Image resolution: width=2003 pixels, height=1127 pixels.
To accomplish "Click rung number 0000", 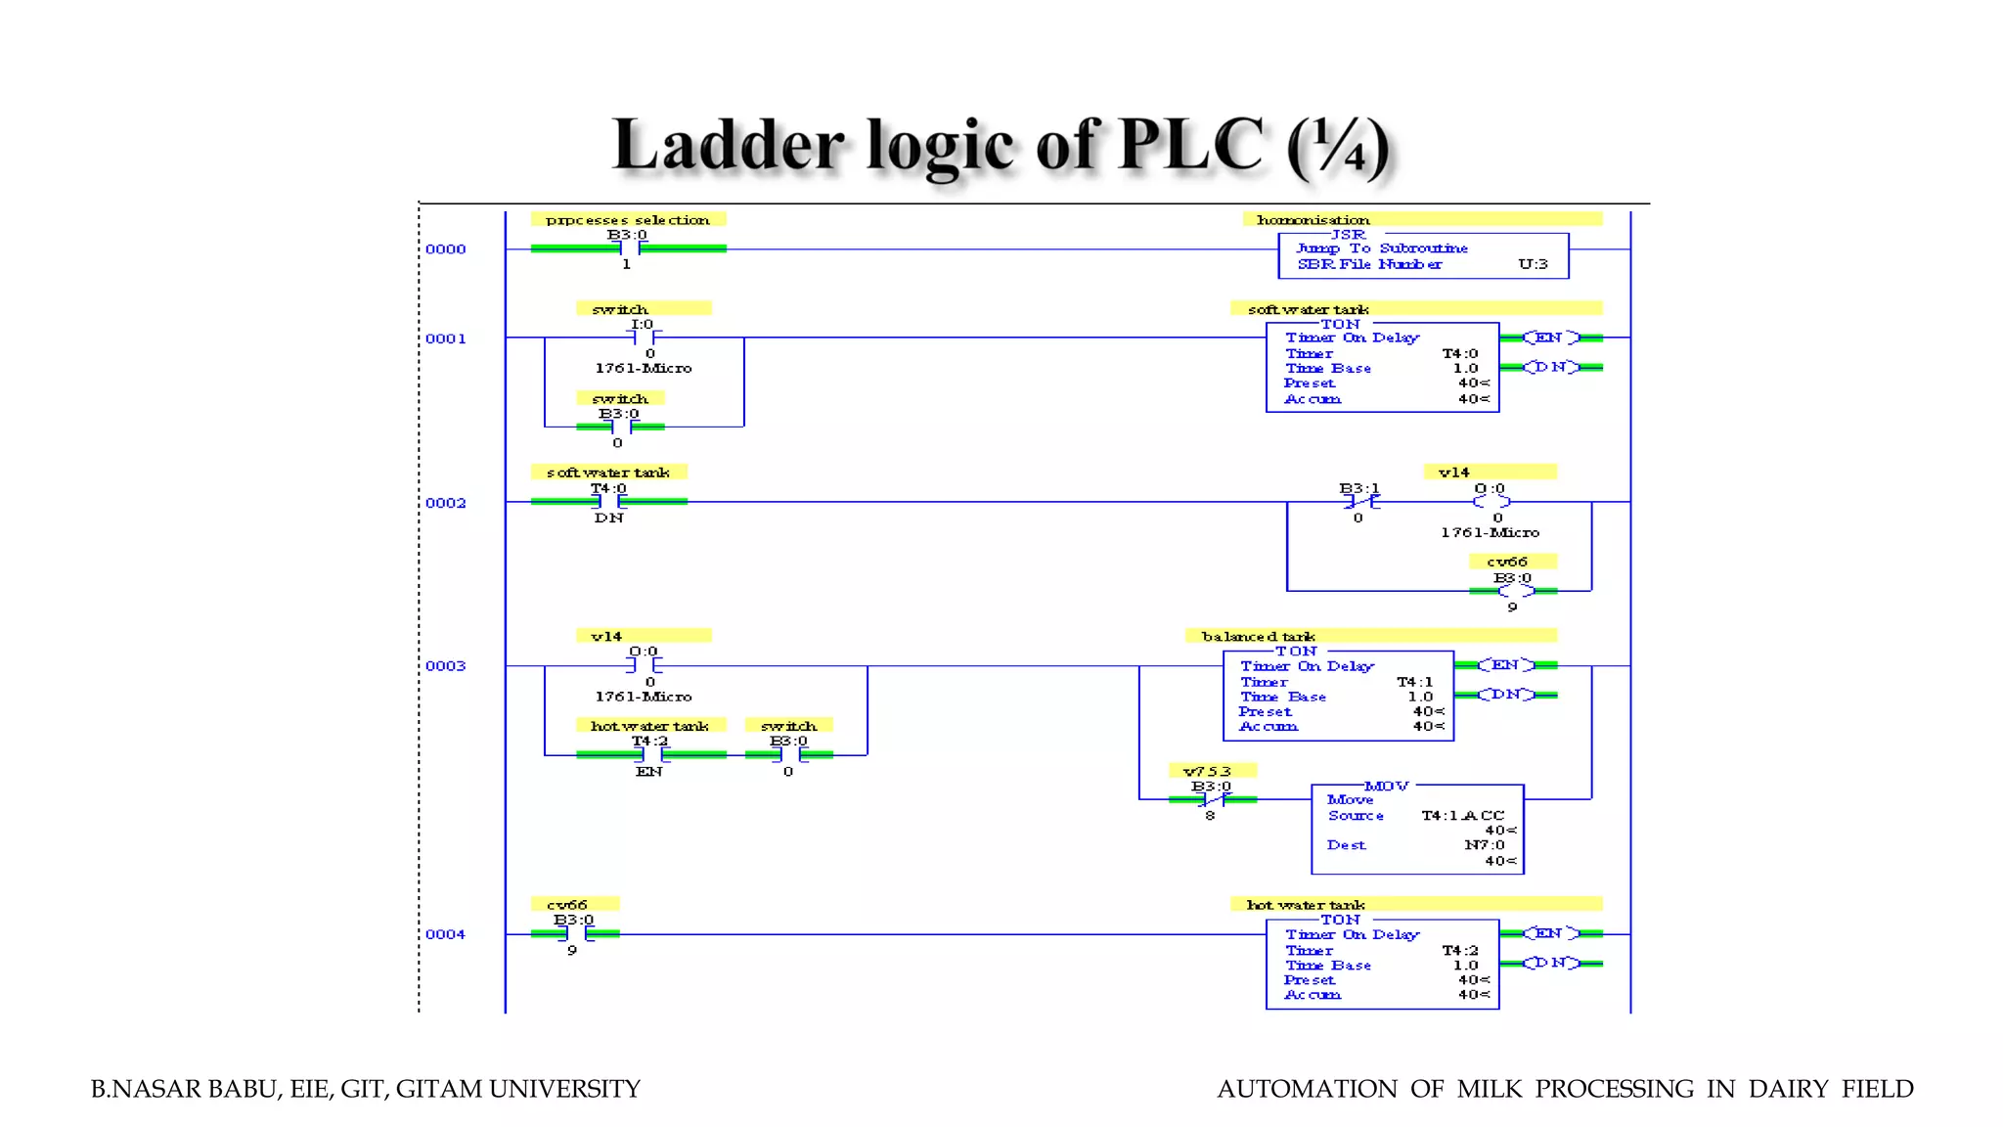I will pos(445,249).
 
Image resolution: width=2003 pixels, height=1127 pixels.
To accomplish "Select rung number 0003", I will pos(445,666).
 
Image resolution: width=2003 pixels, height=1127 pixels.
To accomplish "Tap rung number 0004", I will pos(445,934).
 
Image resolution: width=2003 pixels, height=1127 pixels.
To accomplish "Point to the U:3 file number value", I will pos(1533,264).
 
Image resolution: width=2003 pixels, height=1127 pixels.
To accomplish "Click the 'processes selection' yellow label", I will pos(628,220).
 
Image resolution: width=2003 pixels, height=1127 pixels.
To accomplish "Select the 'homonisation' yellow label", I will pos(1313,220).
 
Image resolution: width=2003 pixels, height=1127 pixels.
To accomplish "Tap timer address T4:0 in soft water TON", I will pos(1460,354).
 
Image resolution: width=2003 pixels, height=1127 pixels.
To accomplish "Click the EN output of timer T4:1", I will pos(1505,665).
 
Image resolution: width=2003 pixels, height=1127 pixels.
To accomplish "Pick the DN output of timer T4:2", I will pos(1551,964).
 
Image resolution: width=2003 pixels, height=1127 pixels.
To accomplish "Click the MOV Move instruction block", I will pos(1417,830).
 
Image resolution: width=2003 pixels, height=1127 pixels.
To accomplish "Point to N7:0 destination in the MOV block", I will pos(1484,845).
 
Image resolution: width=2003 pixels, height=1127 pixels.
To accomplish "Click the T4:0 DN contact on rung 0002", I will pos(609,502).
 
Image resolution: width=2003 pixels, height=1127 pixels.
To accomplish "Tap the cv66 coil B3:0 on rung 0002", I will pos(1513,591).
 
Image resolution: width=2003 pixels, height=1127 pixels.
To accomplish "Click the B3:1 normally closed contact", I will pos(1360,502).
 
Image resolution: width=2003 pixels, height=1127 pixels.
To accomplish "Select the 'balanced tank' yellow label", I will pos(1259,636).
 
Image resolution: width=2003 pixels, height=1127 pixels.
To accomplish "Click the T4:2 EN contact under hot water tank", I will pos(650,755).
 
